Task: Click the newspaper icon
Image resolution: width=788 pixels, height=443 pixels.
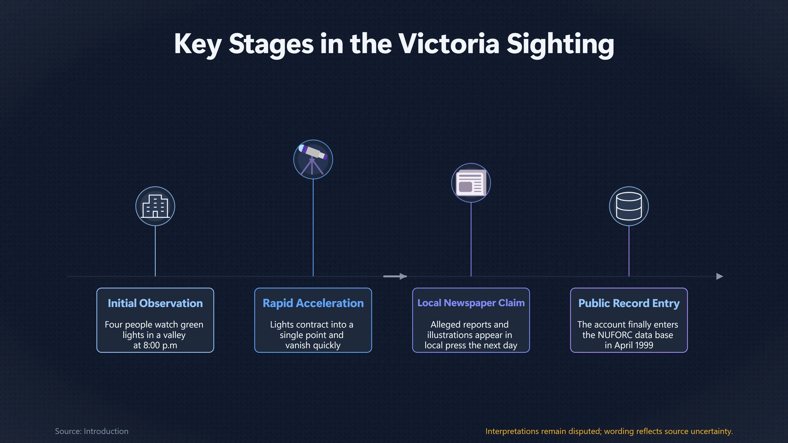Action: pyautogui.click(x=471, y=183)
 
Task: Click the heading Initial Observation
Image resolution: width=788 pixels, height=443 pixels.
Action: pyautogui.click(x=155, y=303)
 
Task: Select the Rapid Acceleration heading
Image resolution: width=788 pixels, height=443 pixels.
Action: pyautogui.click(x=313, y=303)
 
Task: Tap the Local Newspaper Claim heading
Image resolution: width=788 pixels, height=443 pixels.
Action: pyautogui.click(x=471, y=303)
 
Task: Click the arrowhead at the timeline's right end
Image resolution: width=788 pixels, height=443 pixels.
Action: pyautogui.click(x=719, y=276)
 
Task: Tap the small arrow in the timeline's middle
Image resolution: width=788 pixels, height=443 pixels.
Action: pyautogui.click(x=395, y=276)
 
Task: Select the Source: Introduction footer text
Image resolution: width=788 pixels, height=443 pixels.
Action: pyautogui.click(x=92, y=431)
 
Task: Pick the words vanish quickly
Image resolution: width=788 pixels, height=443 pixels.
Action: pyautogui.click(x=313, y=345)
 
